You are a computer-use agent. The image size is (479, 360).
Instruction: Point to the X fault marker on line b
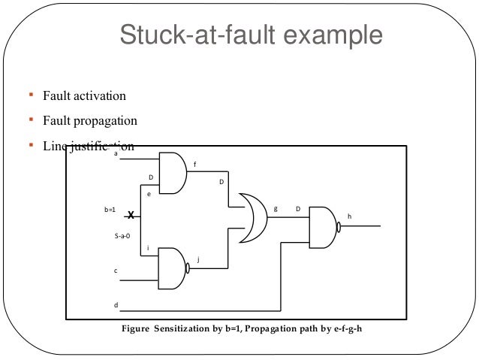pos(129,215)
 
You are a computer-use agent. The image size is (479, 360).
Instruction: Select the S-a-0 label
pos(121,236)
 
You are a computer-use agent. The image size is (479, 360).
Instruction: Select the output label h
pos(349,216)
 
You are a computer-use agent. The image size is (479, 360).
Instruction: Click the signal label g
pos(276,208)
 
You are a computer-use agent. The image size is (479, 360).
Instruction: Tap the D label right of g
pos(297,208)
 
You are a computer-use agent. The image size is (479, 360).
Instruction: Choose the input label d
pos(115,305)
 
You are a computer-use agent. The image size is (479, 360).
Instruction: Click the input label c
pos(115,270)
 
